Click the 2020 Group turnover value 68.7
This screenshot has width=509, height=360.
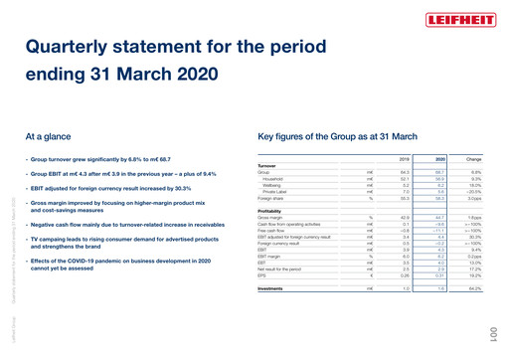[x=439, y=172]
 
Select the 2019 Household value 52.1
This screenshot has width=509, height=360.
[x=404, y=178]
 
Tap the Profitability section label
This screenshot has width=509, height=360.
[x=272, y=209]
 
